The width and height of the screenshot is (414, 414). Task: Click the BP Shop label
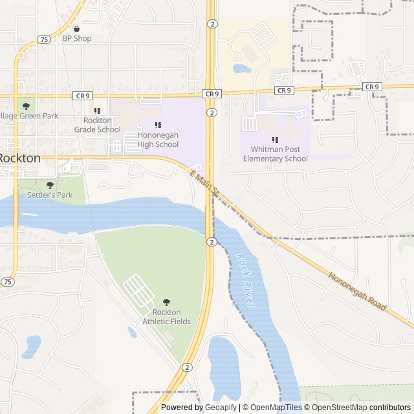(x=77, y=38)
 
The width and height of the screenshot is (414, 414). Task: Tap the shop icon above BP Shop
(x=77, y=28)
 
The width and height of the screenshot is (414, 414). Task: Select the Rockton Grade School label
(x=98, y=125)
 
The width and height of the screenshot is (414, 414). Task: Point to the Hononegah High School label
(x=158, y=140)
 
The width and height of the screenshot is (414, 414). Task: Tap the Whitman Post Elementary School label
(x=275, y=154)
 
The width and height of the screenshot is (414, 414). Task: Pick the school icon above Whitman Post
(x=275, y=140)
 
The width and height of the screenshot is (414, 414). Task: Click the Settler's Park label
(x=50, y=195)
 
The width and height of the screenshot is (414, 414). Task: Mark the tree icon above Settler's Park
(x=50, y=185)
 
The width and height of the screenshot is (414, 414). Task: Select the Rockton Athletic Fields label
(x=167, y=317)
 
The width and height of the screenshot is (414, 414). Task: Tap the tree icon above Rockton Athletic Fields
(x=167, y=302)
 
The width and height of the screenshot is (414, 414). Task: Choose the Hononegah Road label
(x=357, y=291)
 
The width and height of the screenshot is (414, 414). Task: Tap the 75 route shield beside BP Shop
(x=43, y=39)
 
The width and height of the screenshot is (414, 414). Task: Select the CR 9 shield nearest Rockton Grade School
(x=82, y=96)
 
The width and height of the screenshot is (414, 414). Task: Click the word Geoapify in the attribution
(x=220, y=408)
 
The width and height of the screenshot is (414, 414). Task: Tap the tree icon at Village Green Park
(x=26, y=106)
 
